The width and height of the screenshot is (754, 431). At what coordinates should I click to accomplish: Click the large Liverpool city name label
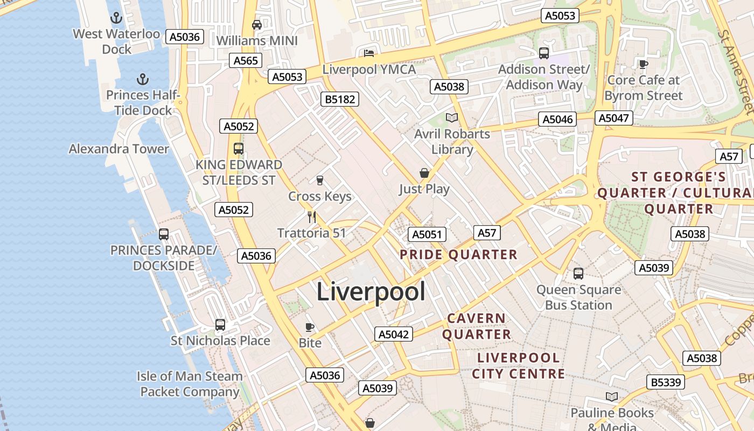tap(371, 291)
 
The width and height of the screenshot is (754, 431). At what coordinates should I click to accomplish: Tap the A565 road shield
tap(246, 60)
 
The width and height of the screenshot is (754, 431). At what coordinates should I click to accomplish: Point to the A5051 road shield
tap(427, 234)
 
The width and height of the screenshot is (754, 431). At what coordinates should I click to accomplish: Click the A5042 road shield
tap(394, 334)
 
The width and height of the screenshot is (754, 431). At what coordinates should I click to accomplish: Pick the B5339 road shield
tap(666, 382)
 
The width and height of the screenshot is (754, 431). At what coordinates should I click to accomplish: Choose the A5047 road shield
tap(614, 118)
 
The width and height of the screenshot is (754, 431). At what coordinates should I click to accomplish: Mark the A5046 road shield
tap(557, 119)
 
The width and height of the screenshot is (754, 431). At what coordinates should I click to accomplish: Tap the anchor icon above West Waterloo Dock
tap(116, 18)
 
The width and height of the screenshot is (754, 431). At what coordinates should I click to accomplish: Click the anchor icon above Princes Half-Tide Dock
tap(142, 80)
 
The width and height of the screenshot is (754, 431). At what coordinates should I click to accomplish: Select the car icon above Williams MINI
tap(257, 25)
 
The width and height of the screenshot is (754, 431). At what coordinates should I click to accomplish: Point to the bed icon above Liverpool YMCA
tap(369, 53)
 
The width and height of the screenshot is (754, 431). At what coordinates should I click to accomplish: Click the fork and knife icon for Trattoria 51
tap(311, 217)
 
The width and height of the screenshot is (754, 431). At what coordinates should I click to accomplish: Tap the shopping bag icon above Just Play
tap(424, 173)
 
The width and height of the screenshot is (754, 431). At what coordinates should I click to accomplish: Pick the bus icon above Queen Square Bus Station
tap(578, 274)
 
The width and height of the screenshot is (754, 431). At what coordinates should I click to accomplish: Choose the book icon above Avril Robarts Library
tap(451, 117)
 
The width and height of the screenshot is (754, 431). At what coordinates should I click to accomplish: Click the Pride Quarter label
tap(458, 254)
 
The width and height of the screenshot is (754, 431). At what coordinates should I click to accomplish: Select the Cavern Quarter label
tap(477, 326)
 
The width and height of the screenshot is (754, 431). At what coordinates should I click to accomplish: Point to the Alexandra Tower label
tap(119, 149)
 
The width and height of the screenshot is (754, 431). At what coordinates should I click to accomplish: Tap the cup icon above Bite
tap(310, 327)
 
